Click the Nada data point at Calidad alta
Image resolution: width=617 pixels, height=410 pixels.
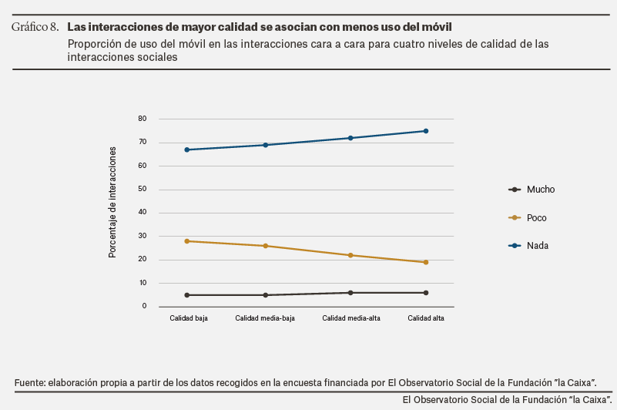pos(425,131)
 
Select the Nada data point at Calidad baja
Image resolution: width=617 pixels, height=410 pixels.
pos(166,150)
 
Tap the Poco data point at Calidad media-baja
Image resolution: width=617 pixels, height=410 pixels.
pos(266,246)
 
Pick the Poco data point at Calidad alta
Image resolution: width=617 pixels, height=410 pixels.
pos(425,262)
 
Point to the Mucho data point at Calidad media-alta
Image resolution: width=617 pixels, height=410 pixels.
pos(350,293)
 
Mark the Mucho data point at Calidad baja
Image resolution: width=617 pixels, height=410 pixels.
pos(166,295)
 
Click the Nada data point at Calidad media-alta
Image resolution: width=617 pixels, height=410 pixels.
pos(350,138)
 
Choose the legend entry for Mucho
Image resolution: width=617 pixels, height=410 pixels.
pos(540,190)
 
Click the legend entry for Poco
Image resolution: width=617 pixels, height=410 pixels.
pos(536,218)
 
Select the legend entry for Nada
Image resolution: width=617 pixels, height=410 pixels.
pos(537,246)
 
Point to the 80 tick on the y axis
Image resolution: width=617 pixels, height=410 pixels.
pos(142,119)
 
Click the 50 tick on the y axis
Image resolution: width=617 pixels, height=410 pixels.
pos(142,190)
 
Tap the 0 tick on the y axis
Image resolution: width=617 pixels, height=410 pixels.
pos(144,307)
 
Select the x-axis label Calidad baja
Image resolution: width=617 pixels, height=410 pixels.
pos(189,318)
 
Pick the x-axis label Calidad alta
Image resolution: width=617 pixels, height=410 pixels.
pos(425,318)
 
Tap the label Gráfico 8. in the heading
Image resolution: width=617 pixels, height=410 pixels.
pos(35,28)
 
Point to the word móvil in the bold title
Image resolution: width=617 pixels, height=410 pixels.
pos(437,28)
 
